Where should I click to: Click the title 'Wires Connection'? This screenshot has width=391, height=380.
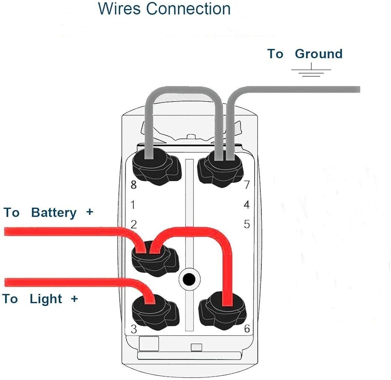[x=164, y=9]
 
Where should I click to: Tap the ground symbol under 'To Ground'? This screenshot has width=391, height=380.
[x=311, y=72]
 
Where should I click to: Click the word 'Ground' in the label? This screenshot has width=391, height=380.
[x=319, y=54]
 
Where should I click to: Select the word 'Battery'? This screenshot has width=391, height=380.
[x=54, y=213]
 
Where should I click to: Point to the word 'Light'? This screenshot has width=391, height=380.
[x=46, y=299]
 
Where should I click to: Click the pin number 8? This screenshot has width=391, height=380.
[x=134, y=185]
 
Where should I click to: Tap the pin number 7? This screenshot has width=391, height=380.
[x=246, y=185]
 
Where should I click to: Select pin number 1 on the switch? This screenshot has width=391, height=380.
[x=133, y=205]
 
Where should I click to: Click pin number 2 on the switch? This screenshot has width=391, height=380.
[x=134, y=225]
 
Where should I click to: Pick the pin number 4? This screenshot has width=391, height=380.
[x=246, y=205]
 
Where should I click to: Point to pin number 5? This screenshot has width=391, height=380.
[x=247, y=225]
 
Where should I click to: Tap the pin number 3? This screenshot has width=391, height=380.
[x=134, y=329]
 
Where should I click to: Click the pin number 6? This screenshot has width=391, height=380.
[x=247, y=329]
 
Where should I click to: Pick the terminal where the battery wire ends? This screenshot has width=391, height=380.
[x=154, y=260]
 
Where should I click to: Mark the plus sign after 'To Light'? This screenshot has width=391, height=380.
[x=74, y=299]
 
